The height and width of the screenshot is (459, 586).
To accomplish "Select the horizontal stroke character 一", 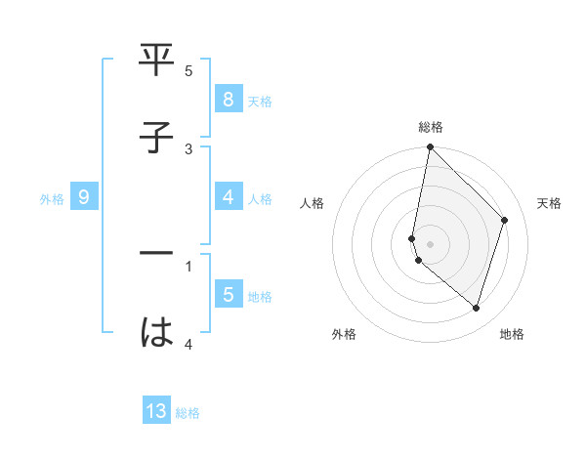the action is [x=157, y=255].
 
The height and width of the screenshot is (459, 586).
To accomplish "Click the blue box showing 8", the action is [x=228, y=99].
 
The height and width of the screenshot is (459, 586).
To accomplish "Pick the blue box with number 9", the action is [x=84, y=197].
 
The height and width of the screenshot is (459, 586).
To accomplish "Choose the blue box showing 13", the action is [x=156, y=411].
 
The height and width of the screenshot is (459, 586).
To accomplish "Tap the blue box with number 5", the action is [x=228, y=294].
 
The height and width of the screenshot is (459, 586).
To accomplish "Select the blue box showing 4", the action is [x=228, y=197].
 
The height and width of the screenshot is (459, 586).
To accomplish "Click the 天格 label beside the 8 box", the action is [x=260, y=101].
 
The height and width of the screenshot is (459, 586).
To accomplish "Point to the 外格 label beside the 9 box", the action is [x=52, y=198].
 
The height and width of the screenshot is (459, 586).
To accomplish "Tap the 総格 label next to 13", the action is [x=188, y=413].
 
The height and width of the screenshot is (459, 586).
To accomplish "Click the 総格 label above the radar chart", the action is [x=431, y=127].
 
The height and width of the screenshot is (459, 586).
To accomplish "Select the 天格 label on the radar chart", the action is [x=549, y=203].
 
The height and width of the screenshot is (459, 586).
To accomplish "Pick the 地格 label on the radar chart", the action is [x=512, y=334].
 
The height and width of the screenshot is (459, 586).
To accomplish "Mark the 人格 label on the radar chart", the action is [x=313, y=203].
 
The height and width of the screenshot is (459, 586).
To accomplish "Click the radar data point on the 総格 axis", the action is [x=430, y=146].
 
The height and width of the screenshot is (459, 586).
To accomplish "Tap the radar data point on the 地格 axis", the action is [x=476, y=308].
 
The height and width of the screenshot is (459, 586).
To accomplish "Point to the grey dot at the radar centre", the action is [x=430, y=243].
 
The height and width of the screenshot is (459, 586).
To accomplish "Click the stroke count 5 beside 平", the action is [x=188, y=70].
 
